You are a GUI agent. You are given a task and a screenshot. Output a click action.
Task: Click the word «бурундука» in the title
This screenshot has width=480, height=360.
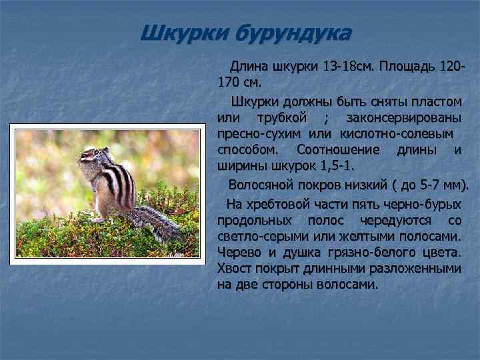pyautogui.click(x=291, y=33)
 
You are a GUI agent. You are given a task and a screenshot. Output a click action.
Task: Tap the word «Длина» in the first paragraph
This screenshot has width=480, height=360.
pyautogui.click(x=248, y=68)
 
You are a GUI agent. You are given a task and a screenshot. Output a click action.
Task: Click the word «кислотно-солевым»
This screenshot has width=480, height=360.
pyautogui.click(x=395, y=134)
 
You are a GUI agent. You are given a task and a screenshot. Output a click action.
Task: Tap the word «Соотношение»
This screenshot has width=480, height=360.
pyautogui.click(x=337, y=150)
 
